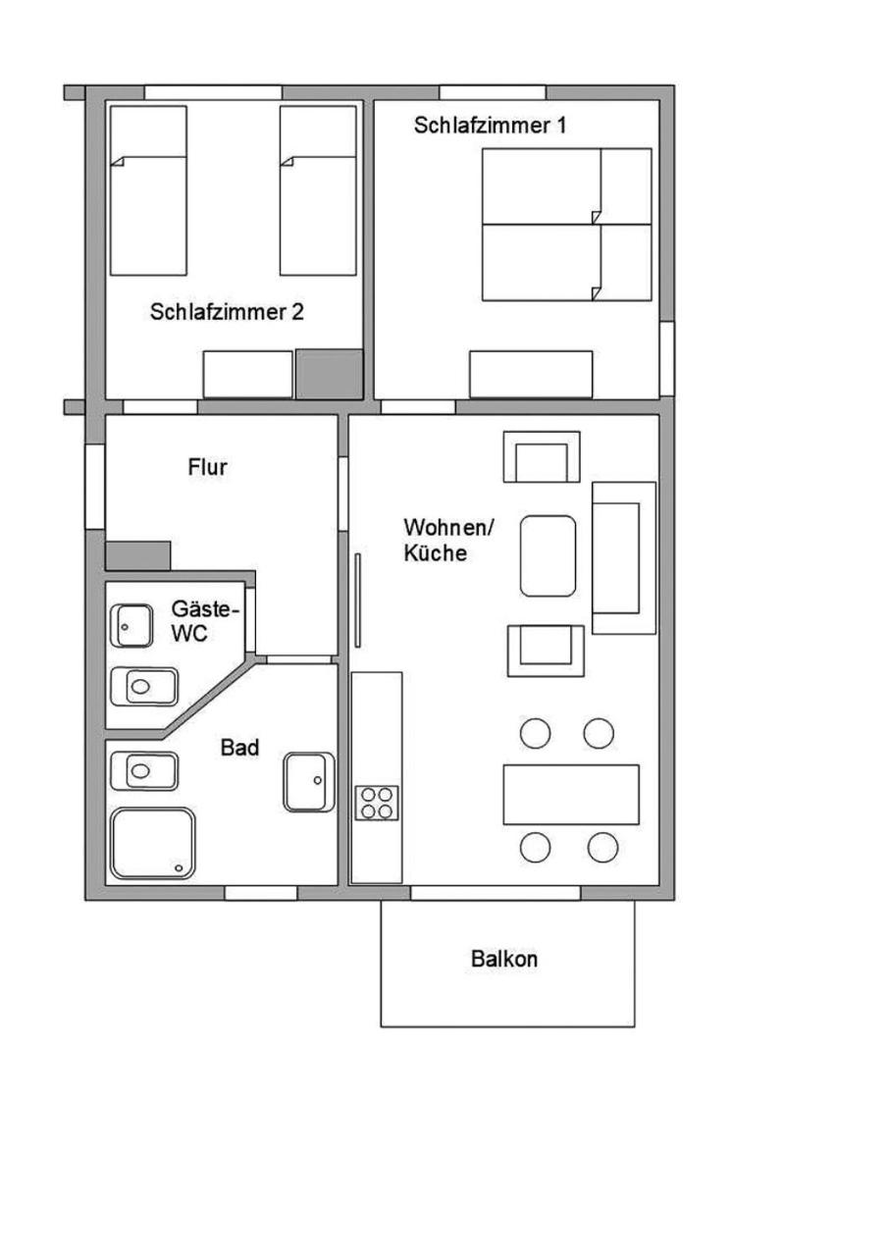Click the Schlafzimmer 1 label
pyautogui.click(x=490, y=125)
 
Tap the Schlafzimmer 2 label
pyautogui.click(x=227, y=311)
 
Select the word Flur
pyautogui.click(x=207, y=467)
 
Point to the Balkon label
pyautogui.click(x=504, y=959)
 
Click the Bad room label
pyautogui.click(x=239, y=748)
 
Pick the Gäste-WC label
pyautogui.click(x=205, y=621)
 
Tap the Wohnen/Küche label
pyautogui.click(x=448, y=540)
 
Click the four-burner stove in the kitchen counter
pyautogui.click(x=377, y=803)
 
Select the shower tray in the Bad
pyautogui.click(x=153, y=843)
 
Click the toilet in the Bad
pyautogui.click(x=144, y=771)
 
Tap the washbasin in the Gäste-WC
pyautogui.click(x=131, y=625)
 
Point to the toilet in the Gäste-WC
pyautogui.click(x=144, y=686)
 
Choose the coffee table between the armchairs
pyautogui.click(x=548, y=555)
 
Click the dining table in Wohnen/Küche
pyautogui.click(x=571, y=795)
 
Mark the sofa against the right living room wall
pyautogui.click(x=623, y=558)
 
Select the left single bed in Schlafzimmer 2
pyautogui.click(x=148, y=190)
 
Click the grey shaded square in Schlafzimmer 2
pyautogui.click(x=329, y=374)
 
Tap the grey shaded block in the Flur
pyautogui.click(x=137, y=555)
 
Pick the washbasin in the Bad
pyautogui.click(x=309, y=782)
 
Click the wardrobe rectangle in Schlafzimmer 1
pyautogui.click(x=531, y=374)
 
